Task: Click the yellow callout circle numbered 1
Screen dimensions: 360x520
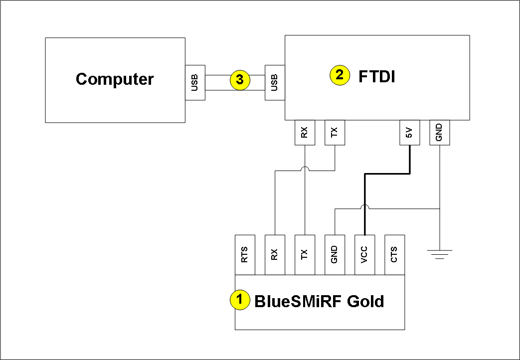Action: [x=239, y=300]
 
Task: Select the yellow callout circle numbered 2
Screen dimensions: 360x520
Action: [x=340, y=75]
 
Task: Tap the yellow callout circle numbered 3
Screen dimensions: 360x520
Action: [x=240, y=80]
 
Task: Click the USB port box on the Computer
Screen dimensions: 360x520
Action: [x=195, y=82]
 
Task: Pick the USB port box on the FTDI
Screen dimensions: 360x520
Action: [x=275, y=82]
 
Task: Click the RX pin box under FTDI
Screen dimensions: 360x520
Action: [x=305, y=133]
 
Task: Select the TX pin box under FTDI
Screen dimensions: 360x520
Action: [x=335, y=133]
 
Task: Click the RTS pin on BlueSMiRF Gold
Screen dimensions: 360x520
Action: [x=245, y=254]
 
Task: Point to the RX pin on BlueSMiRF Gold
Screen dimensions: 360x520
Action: [x=275, y=254]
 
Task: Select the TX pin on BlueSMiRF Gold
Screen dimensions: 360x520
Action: [x=305, y=254]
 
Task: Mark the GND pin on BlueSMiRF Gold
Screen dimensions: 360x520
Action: [x=335, y=254]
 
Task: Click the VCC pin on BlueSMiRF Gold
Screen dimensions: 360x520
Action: [x=364, y=254]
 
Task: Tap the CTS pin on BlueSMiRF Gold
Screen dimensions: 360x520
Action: [x=394, y=254]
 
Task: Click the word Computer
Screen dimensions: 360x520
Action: [x=115, y=79]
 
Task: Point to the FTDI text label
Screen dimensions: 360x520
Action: [x=377, y=76]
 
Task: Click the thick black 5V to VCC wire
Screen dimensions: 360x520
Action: [x=387, y=174]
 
